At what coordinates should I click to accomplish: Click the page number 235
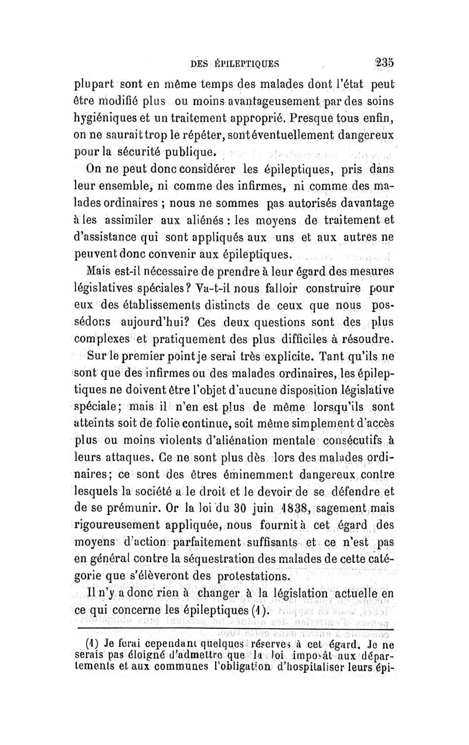[386, 62]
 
